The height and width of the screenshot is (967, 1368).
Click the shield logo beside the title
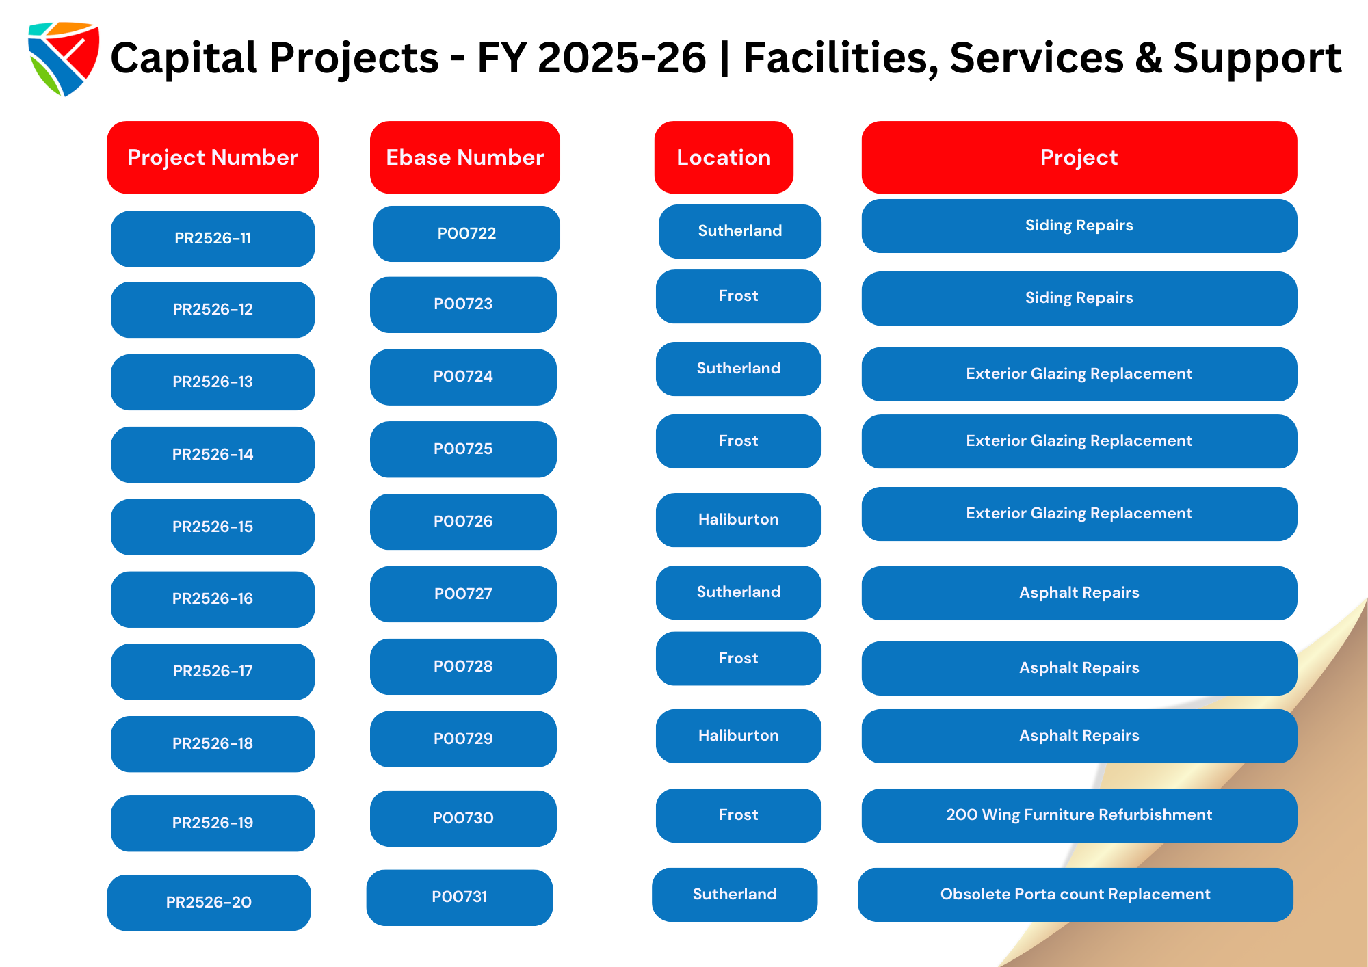point(64,59)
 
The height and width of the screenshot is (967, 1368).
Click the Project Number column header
point(213,157)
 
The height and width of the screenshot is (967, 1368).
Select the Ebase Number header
point(465,157)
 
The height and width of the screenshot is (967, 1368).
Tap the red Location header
point(724,157)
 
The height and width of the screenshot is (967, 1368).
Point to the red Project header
point(1079,157)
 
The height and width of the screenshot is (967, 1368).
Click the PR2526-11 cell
point(213,239)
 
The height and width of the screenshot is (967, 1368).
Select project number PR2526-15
point(213,527)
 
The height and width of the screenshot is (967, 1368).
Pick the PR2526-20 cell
point(209,903)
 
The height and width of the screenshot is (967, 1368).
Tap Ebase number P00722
point(466,234)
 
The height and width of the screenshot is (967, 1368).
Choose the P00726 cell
point(463,522)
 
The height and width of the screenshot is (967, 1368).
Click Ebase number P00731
point(460,897)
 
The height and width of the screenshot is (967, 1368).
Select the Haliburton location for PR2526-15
point(739,520)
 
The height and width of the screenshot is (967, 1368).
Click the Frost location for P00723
point(739,296)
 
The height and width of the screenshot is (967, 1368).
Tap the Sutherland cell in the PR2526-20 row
point(735,895)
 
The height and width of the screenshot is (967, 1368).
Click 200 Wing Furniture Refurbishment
point(1079,815)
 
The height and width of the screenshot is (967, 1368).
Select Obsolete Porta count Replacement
point(1075,895)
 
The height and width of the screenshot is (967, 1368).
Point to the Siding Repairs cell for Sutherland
point(1079,226)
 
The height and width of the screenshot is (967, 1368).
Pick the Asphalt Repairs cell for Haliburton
point(1079,736)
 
